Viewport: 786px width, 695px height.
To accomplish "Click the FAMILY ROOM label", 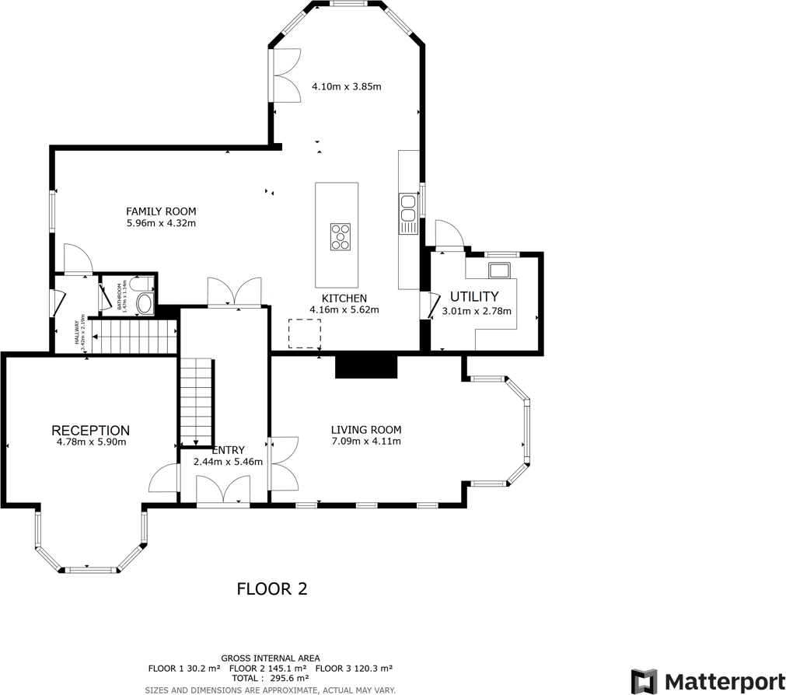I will point(161,211).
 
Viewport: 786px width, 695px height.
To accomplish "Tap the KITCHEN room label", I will point(344,298).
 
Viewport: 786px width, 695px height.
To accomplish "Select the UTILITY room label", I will point(473,296).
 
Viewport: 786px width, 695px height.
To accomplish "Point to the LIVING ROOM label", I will point(365,429).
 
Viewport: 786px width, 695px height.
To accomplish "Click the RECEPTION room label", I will point(90,430).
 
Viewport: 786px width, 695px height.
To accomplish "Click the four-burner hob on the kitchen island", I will point(340,236).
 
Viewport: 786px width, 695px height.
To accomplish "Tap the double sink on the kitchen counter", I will point(408,210).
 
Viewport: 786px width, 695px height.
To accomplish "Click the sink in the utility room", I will point(498,271).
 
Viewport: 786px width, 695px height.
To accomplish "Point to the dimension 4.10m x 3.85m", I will point(346,86).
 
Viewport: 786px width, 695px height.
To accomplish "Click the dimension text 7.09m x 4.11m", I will point(365,441).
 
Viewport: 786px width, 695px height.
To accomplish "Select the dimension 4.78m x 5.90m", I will point(91,442).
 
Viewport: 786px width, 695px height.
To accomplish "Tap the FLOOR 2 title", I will point(271,589).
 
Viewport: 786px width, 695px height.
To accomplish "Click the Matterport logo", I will point(707,681).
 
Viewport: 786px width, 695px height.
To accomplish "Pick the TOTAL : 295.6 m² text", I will point(270,678).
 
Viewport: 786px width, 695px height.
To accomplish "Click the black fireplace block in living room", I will point(366,366).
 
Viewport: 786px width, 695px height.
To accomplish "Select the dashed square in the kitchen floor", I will point(304,334).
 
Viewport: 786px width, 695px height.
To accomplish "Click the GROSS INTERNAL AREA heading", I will point(270,658).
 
